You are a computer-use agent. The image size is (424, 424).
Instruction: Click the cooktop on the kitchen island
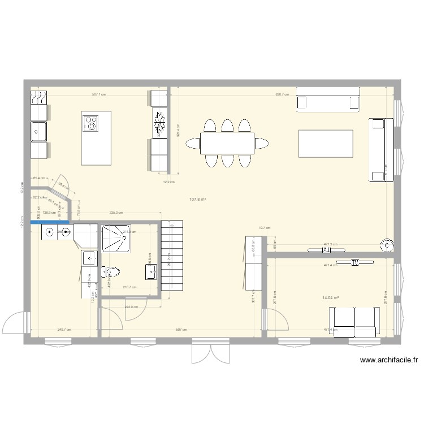[90, 123]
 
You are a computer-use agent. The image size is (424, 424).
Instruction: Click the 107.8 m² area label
[197, 200]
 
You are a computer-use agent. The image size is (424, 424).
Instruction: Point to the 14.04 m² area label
[330, 298]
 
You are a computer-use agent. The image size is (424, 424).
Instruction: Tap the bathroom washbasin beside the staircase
[151, 272]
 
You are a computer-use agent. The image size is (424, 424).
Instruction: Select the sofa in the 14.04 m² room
[356, 322]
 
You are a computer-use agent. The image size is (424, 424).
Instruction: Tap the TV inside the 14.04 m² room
[356, 262]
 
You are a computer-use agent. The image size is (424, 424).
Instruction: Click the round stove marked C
[387, 245]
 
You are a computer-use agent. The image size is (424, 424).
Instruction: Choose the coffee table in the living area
[326, 144]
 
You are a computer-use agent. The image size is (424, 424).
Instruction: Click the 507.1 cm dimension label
[99, 94]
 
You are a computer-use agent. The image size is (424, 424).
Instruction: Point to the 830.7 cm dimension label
[282, 94]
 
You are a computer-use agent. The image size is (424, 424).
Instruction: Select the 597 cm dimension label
[181, 330]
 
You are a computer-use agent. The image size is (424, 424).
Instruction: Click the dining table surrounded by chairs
[227, 144]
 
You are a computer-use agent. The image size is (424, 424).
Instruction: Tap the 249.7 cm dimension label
[64, 330]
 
